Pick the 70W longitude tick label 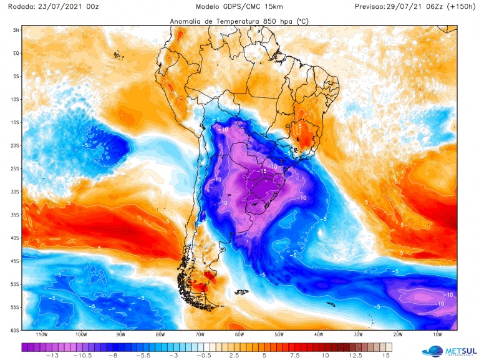pyautogui.click(x=201, y=336)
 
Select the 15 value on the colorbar pyautogui.click(x=387, y=355)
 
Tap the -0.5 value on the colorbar pyautogui.click(x=204, y=355)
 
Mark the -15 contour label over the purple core pyautogui.click(x=263, y=171)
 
